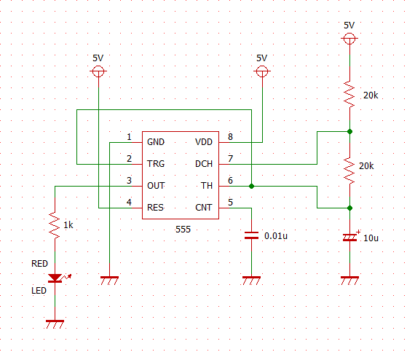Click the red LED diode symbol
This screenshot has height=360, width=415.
tap(55, 278)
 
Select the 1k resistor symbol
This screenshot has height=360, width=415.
tap(55, 225)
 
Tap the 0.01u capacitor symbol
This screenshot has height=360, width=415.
tap(251, 235)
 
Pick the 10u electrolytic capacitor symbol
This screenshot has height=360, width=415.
tap(350, 237)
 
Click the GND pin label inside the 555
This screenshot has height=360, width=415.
tap(156, 142)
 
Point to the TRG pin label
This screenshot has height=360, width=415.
tap(156, 164)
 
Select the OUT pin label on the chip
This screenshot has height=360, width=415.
tap(156, 186)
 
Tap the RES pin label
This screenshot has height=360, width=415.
tap(155, 208)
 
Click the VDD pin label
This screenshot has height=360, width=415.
tap(204, 142)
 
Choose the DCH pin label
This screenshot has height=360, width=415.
tap(204, 164)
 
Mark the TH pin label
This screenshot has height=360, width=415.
tap(207, 186)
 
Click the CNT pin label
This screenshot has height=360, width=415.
tap(204, 208)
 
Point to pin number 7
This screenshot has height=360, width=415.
tap(231, 158)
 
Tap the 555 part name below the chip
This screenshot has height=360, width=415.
tap(183, 229)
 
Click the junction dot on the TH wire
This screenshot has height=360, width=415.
tap(251, 187)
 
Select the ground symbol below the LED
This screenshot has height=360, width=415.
tap(55, 324)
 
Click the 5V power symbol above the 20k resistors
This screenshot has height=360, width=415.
tap(349, 39)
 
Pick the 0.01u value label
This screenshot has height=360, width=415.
tap(276, 236)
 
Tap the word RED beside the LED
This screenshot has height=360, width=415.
tap(40, 264)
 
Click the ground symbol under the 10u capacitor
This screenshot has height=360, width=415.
tap(349, 281)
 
